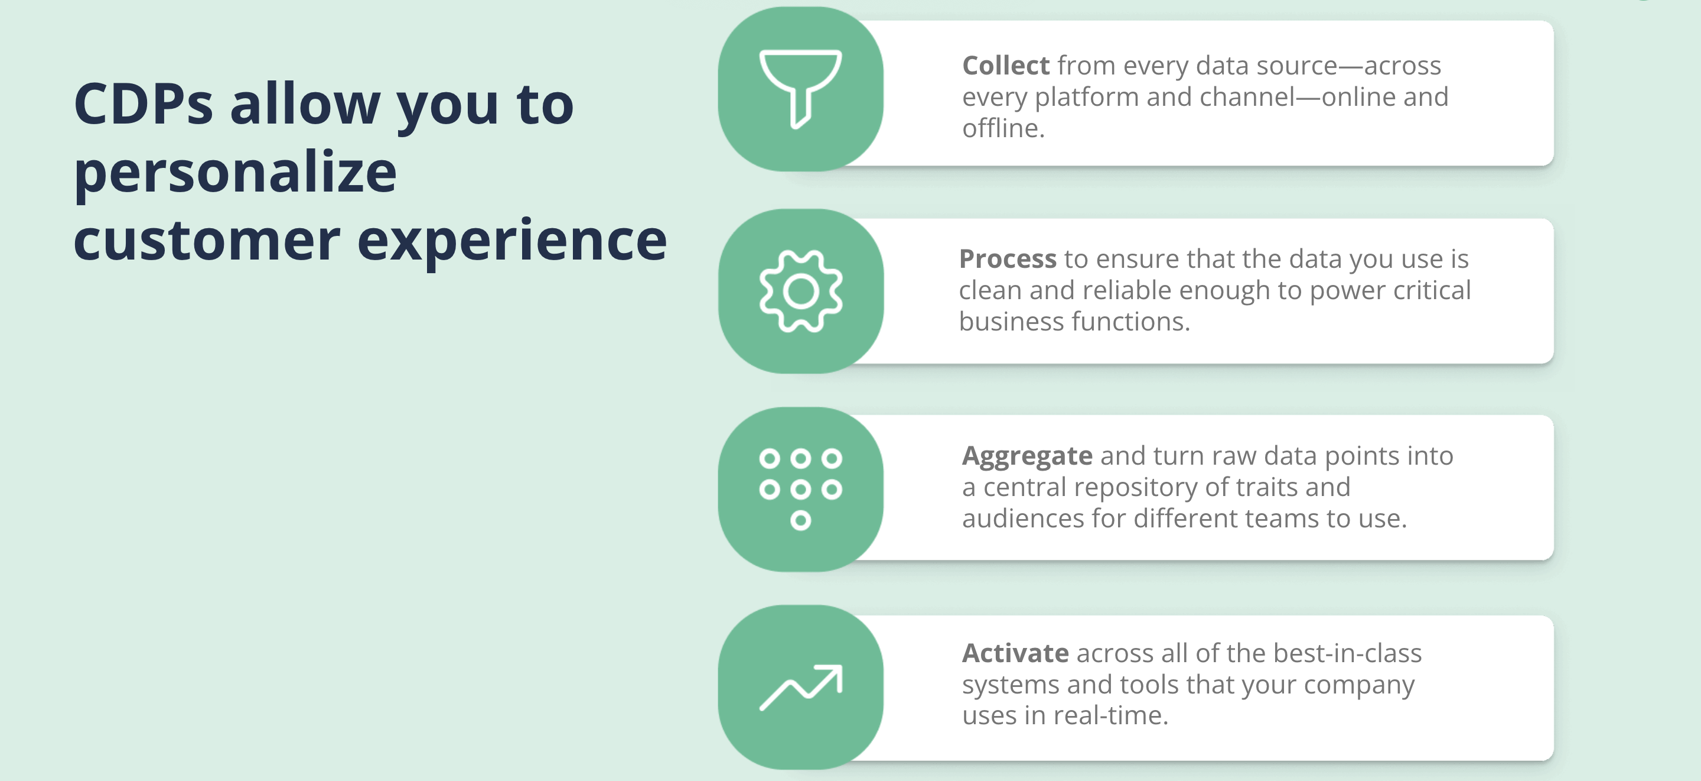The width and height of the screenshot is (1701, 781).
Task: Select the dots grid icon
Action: click(800, 490)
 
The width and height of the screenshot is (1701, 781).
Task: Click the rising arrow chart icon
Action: click(800, 688)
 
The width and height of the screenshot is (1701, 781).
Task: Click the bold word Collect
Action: click(1006, 66)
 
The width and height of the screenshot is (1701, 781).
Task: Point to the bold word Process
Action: click(1008, 259)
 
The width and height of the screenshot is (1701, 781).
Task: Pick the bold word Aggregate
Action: click(1027, 456)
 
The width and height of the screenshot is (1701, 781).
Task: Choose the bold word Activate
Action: click(1015, 653)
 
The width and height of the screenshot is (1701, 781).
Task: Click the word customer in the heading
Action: click(207, 241)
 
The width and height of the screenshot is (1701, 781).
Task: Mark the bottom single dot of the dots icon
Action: click(800, 521)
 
